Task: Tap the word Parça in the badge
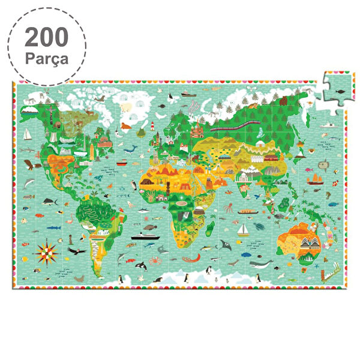point(47,59)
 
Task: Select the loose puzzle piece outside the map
point(338,89)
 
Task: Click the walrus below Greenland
point(126,126)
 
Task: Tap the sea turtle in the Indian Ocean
point(259,228)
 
